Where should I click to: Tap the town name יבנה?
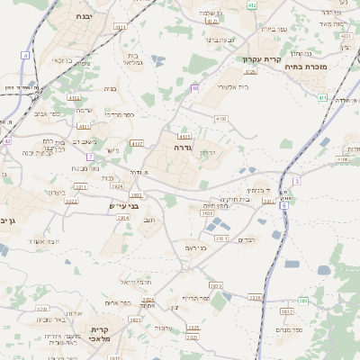pos(83,16)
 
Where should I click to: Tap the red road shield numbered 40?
pos(194,88)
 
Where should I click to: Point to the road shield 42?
pos(7,141)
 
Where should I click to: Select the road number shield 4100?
pos(220,118)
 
